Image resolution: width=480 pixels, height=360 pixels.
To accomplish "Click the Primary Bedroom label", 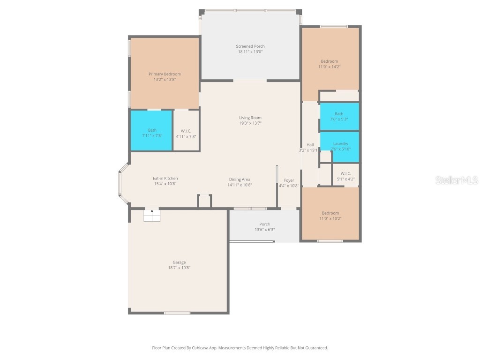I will tap(165, 74).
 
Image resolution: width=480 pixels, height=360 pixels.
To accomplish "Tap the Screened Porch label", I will tap(250, 46).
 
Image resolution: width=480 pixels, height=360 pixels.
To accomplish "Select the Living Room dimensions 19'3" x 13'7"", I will tap(250, 123).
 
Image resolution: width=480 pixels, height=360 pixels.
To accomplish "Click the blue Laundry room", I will tap(340, 146).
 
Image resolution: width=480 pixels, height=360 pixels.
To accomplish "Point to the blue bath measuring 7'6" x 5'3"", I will tap(339, 116).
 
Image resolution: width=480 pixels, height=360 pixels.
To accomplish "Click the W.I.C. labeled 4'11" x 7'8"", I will tap(186, 134).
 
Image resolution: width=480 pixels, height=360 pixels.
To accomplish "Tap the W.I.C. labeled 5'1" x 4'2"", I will tap(345, 176).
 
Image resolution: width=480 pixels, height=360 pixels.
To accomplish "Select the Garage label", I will tap(179, 262).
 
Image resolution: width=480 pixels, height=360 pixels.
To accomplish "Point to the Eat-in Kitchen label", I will tap(165, 179).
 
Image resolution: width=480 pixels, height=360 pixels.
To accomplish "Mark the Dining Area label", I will tap(240, 180).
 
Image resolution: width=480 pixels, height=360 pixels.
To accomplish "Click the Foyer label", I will tap(289, 180).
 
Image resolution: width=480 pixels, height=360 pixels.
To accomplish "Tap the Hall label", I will tap(310, 145).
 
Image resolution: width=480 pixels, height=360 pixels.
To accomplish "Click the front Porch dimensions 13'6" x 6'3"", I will tap(264, 230).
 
